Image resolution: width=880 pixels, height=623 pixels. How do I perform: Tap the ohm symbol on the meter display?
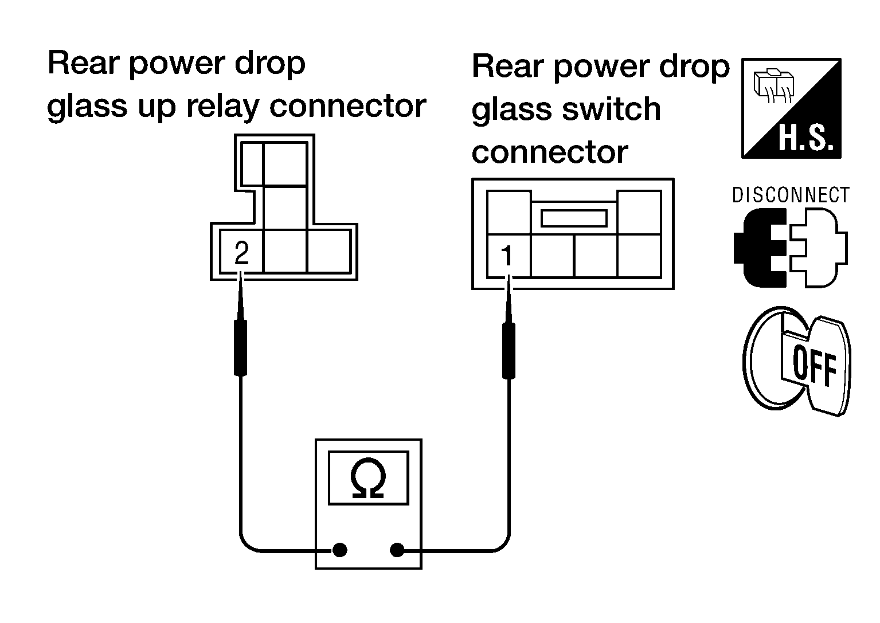tap(368, 479)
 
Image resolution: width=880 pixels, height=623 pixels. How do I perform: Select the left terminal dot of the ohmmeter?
tap(339, 550)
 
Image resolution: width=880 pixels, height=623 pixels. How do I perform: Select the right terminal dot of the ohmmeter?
tap(397, 550)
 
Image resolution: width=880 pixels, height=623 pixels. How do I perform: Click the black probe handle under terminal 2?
tap(240, 348)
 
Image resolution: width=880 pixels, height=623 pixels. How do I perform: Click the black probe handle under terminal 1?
tap(509, 351)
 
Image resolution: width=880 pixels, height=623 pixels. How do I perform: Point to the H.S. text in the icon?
tap(805, 138)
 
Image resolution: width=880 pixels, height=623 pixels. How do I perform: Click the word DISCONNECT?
tap(791, 195)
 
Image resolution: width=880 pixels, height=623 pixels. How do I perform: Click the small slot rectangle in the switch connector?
tap(574, 218)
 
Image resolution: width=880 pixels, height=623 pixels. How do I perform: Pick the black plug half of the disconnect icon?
tap(760, 248)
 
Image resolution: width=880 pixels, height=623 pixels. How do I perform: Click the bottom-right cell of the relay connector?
tap(328, 252)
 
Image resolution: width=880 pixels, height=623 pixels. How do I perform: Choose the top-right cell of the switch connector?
tap(639, 213)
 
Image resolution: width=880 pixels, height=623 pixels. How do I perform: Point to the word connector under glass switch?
tap(550, 152)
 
